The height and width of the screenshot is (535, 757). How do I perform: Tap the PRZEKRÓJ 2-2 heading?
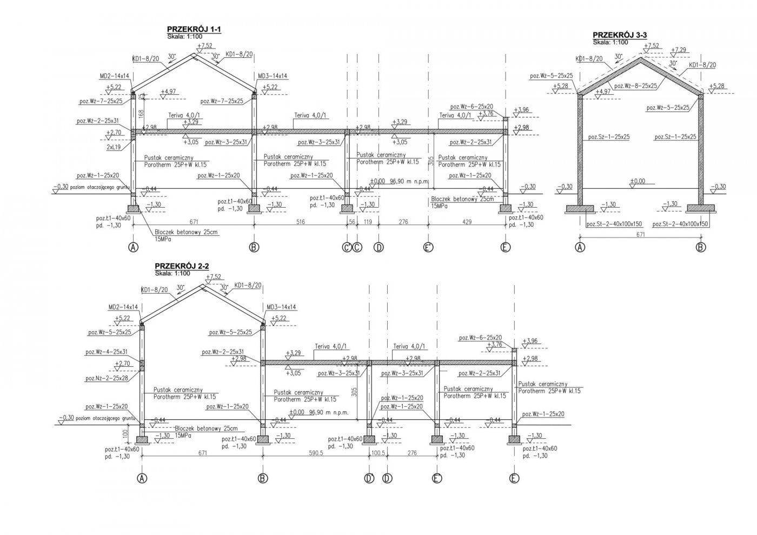[182, 266]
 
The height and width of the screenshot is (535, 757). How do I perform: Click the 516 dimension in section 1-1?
[299, 222]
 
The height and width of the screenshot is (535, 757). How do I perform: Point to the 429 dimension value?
[466, 222]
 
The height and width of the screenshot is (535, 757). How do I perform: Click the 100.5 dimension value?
[378, 453]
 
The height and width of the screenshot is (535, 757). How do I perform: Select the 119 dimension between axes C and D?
[368, 222]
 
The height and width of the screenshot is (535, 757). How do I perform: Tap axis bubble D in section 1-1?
[379, 248]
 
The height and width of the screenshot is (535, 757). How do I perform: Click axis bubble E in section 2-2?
[514, 478]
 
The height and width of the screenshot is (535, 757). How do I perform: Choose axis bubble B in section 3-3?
[701, 248]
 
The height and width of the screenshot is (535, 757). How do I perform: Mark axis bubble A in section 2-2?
[142, 478]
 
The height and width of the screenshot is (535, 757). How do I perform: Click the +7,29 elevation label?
[680, 50]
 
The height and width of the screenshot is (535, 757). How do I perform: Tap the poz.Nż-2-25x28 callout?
[107, 378]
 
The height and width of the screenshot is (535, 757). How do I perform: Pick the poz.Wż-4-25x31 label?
[107, 352]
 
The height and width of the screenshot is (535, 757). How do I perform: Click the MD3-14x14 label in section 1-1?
[273, 76]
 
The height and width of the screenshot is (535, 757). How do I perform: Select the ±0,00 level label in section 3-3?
[638, 181]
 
